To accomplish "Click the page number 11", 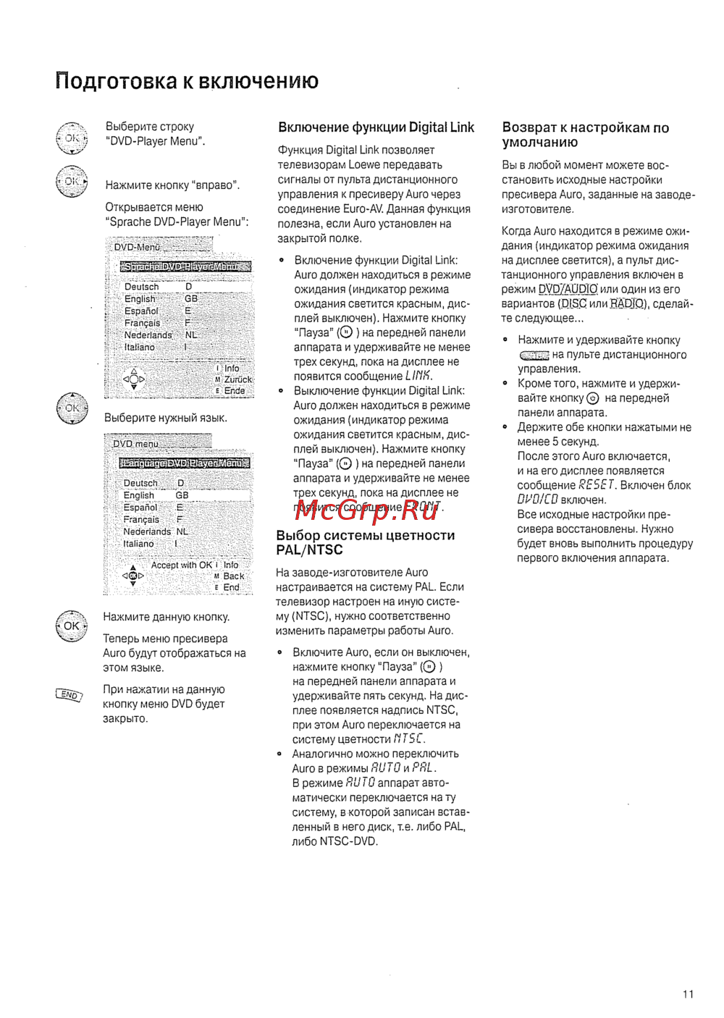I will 688,994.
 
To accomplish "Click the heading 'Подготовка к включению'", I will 187,81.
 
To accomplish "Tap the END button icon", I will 69,695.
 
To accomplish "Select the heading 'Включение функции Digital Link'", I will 376,127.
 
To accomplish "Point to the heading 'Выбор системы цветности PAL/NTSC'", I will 366,542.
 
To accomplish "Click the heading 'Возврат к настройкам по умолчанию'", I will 585,135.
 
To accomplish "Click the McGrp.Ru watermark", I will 368,510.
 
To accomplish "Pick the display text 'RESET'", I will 597,485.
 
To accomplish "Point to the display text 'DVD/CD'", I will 537,500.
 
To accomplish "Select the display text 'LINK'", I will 418,376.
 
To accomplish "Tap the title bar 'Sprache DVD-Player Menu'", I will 185,266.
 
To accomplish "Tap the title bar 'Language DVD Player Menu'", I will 185,463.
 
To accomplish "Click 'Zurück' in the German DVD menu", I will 237,379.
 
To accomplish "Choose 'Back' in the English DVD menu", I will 233,576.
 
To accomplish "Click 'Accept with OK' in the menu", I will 181,565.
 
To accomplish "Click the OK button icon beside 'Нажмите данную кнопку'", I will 71,626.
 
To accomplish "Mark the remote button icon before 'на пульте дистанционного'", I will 534,356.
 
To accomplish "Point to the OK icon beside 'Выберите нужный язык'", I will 72,408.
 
